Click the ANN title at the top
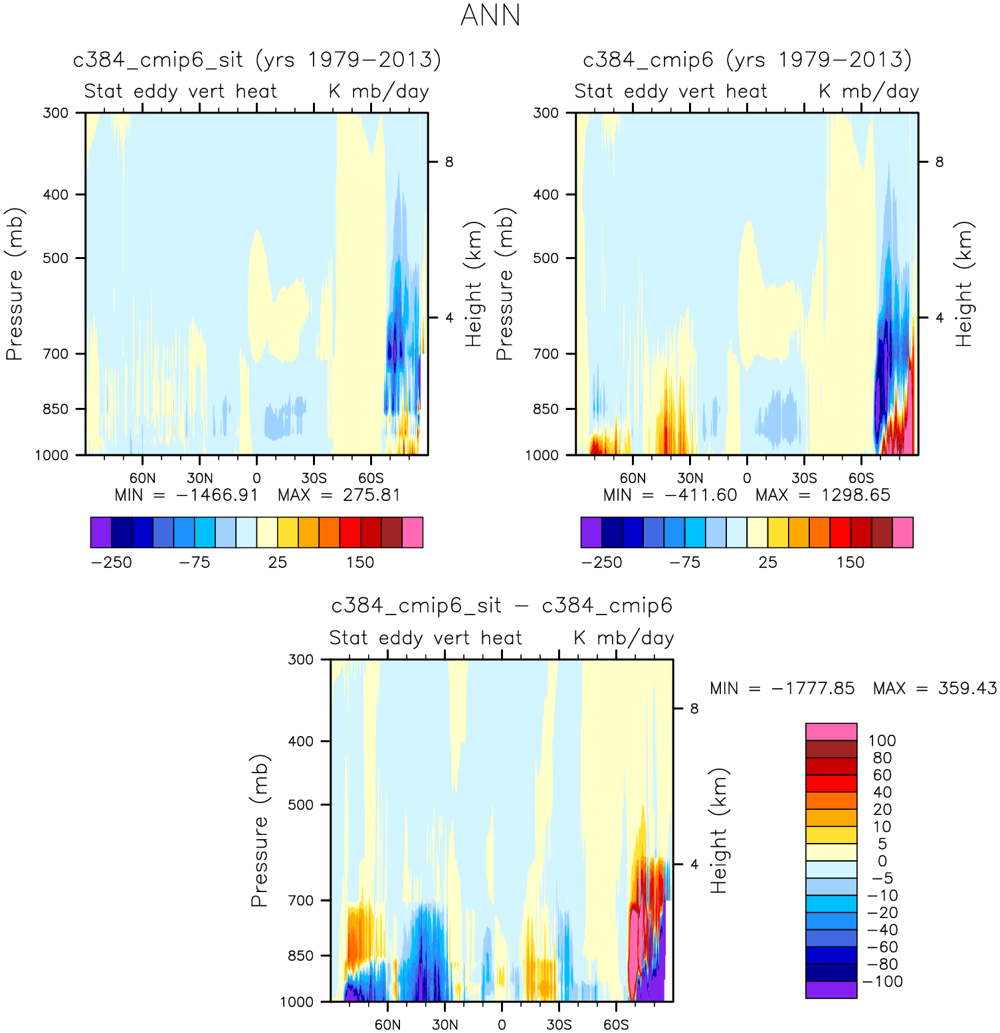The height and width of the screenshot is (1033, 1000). coord(490,16)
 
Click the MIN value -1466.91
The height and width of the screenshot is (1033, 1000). coord(216,496)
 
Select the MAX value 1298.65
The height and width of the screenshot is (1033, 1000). coord(855,496)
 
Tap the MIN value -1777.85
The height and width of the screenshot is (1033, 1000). coord(813,688)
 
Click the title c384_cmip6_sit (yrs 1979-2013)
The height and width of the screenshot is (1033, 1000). coord(256,60)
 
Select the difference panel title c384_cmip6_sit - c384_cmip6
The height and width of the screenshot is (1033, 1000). coord(502,607)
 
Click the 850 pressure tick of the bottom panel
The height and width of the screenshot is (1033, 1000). coord(300,956)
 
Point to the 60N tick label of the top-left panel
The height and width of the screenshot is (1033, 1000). coord(142,478)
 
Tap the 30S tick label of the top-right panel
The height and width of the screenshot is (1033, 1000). coord(804,478)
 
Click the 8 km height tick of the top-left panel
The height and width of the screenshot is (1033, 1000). coord(449,162)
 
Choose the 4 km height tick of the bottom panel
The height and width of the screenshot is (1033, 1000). coord(694,864)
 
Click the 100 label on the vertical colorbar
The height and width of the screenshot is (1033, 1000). coord(882,741)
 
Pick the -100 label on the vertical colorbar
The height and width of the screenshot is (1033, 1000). coord(882,982)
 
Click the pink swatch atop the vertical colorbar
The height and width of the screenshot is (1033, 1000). coord(831,732)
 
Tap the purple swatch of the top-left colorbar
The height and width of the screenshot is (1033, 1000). coord(101,533)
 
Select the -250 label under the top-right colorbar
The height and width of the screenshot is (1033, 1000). coord(601,563)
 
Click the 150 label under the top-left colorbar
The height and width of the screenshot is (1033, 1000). coord(359,563)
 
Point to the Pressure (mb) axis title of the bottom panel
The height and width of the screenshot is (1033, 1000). coord(259,830)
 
